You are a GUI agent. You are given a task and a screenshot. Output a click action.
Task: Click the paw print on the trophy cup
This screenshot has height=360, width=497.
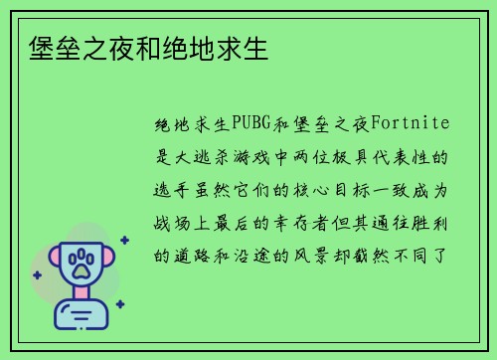81,263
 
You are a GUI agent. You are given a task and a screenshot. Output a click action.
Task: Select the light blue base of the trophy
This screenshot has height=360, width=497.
81,315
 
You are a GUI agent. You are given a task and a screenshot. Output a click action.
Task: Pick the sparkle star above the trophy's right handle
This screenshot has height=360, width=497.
123,240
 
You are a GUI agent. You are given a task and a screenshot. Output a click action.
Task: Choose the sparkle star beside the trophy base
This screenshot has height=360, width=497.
119,303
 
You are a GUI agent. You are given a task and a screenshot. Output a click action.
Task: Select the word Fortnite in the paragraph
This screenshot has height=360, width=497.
410,124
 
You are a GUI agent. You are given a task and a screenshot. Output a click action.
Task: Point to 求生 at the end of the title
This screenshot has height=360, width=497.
244,49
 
